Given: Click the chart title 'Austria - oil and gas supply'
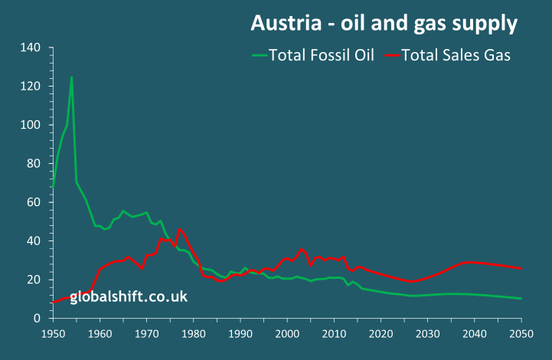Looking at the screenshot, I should pos(384,25).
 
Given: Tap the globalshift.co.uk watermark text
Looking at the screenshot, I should pos(129,296).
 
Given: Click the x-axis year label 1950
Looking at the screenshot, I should pos(53,334).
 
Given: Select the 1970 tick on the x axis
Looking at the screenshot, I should pos(146,334).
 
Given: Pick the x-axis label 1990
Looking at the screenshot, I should pos(240,334).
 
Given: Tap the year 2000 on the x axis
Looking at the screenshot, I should pos(287,334).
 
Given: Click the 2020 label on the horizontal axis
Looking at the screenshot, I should pos(381,334).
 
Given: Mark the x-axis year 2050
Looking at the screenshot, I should pos(521,334).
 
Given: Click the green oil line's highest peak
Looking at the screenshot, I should pos(71,77).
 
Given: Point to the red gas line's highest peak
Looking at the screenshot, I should pos(179,229).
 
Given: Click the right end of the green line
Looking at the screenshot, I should pos(521,298).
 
